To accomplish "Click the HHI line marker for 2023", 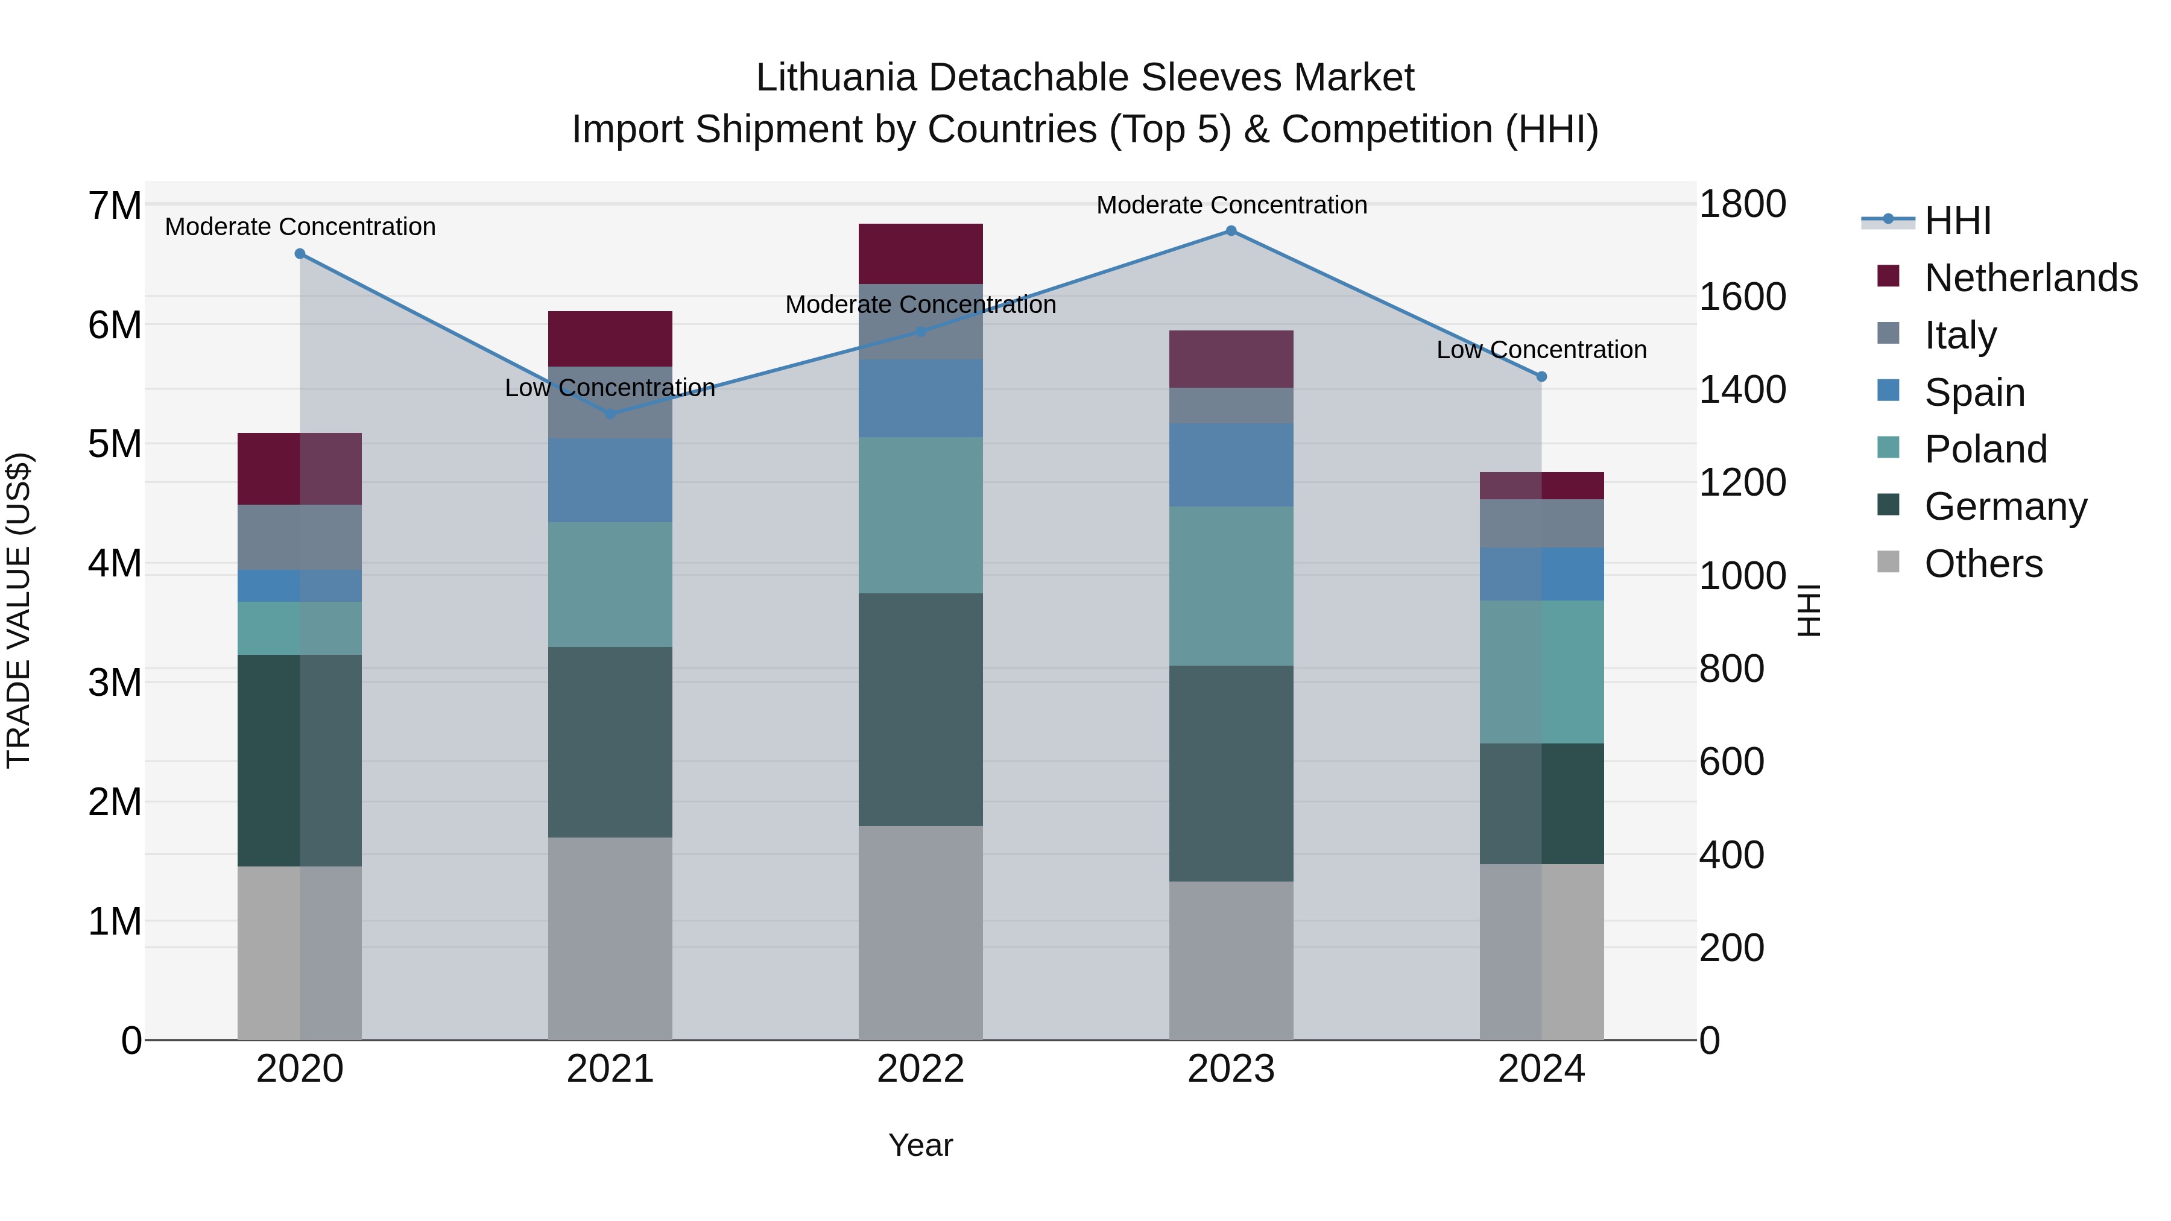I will point(1230,231).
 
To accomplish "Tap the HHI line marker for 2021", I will point(610,414).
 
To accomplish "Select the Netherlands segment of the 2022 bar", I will point(920,254).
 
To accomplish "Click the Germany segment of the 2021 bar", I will point(610,742).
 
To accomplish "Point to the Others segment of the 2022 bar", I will point(920,932).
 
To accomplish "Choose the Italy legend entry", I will point(1961,335).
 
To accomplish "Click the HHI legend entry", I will point(1957,221).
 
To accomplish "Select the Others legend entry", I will point(1983,564).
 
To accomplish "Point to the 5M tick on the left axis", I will point(115,444).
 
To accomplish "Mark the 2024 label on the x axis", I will point(1541,1069).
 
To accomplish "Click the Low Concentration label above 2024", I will point(1541,350).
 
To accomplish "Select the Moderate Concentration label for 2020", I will point(300,227).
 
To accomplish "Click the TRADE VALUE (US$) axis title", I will point(19,610).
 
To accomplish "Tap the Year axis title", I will point(920,1145).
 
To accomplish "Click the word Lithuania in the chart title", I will point(835,78).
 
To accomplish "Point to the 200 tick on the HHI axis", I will point(1731,948).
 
